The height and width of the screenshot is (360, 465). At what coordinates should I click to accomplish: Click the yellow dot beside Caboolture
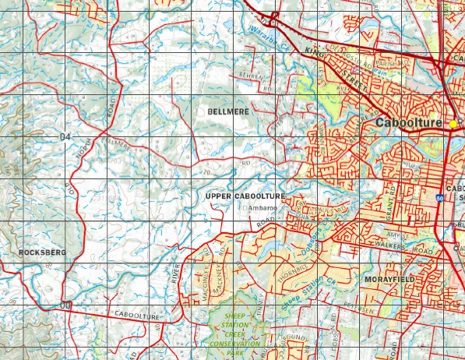453,124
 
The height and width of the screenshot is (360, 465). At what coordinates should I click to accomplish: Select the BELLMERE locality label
228,113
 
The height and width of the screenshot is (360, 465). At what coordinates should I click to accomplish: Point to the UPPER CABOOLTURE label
245,196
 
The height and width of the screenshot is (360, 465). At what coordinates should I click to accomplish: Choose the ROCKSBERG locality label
43,252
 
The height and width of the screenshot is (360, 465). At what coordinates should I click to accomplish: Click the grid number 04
64,137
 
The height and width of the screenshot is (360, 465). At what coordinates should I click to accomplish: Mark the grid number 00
65,305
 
